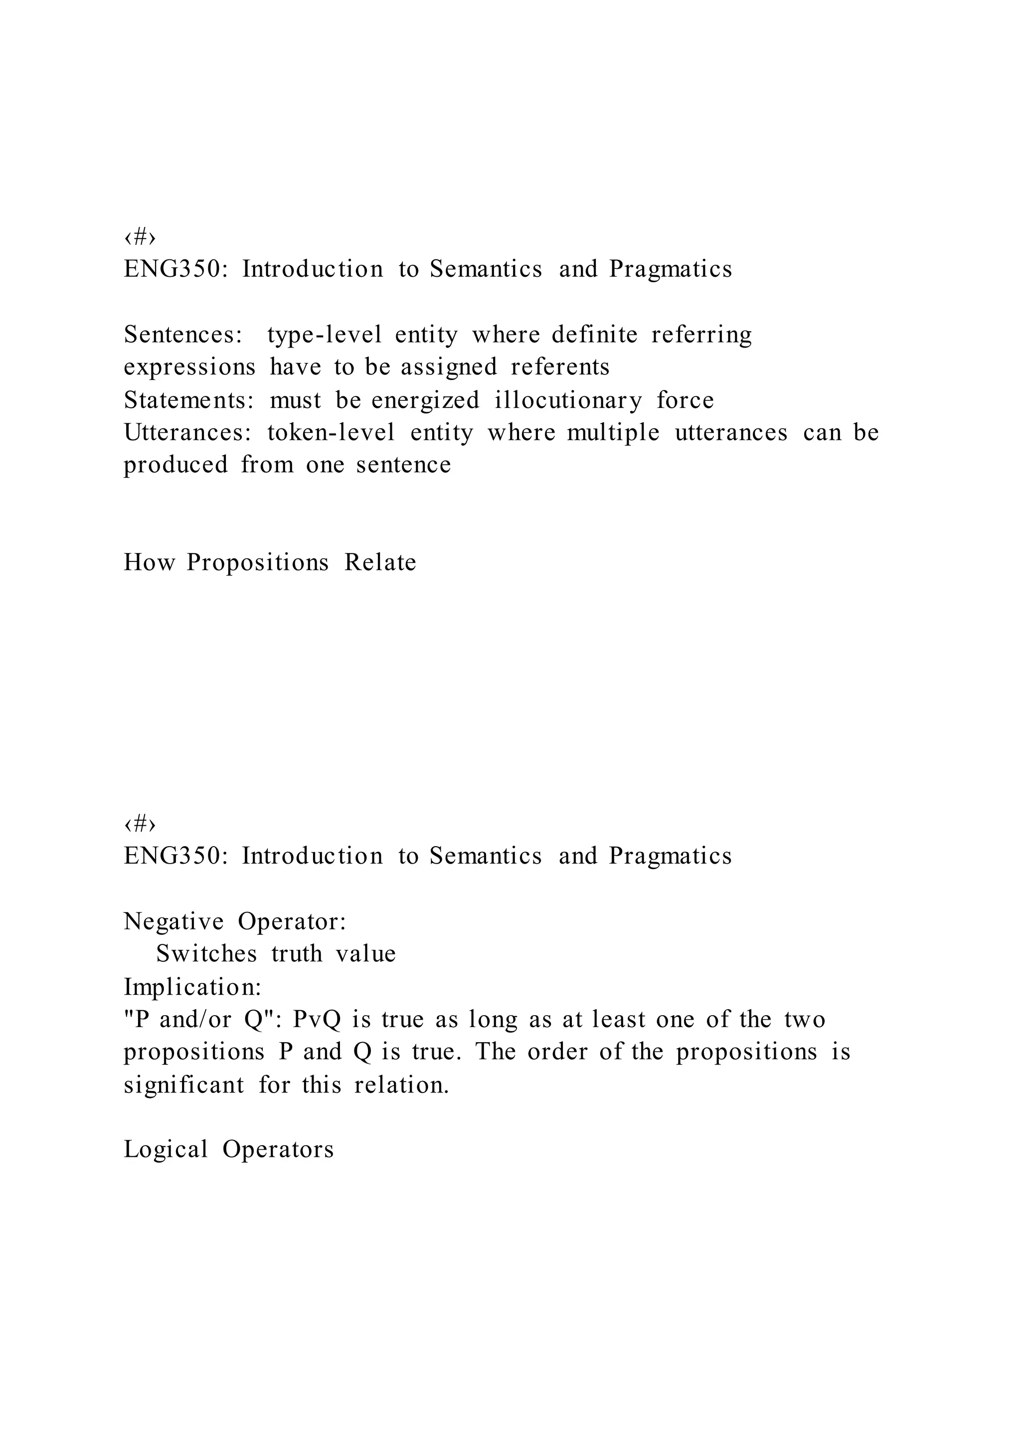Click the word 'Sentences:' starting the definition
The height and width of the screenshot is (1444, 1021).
point(183,335)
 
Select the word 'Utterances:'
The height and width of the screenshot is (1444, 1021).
point(187,433)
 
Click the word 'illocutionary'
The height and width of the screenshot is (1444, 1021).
point(568,400)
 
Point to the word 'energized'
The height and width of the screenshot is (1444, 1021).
point(425,400)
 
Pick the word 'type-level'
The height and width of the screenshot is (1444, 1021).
point(325,335)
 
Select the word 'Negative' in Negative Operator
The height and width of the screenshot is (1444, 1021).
point(173,921)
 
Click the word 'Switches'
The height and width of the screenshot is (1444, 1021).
point(207,954)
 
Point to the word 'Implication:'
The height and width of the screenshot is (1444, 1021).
point(192,987)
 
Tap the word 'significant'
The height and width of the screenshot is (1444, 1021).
point(183,1085)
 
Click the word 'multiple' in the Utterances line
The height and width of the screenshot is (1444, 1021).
point(613,433)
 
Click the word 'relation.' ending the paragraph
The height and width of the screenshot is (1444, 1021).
point(402,1085)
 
